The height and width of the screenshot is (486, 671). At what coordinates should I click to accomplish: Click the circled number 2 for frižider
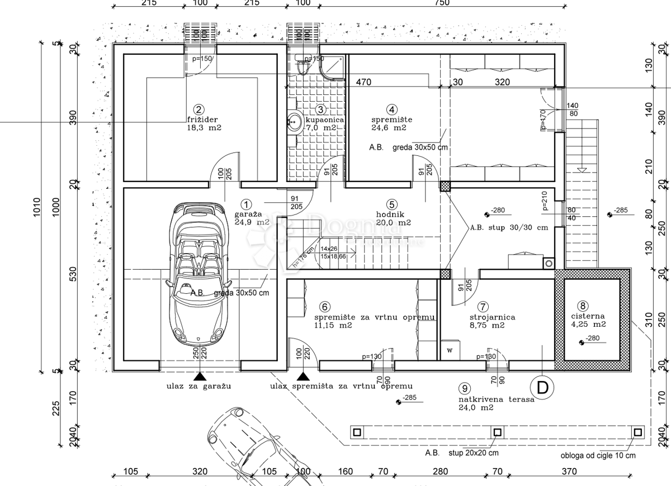pos(198,110)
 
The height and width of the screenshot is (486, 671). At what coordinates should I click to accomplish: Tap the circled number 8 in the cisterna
pos(583,306)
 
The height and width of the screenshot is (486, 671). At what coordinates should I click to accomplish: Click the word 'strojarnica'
pos(492,317)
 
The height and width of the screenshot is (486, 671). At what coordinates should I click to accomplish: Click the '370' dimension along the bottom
pos(569,471)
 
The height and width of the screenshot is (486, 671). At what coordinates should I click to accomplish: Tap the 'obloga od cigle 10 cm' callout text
pos(598,455)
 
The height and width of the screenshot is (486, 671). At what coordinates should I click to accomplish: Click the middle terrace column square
pos(496,432)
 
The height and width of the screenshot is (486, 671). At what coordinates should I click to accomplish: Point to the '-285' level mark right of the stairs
pos(621,211)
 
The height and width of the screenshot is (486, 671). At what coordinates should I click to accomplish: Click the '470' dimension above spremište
pos(363,82)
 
